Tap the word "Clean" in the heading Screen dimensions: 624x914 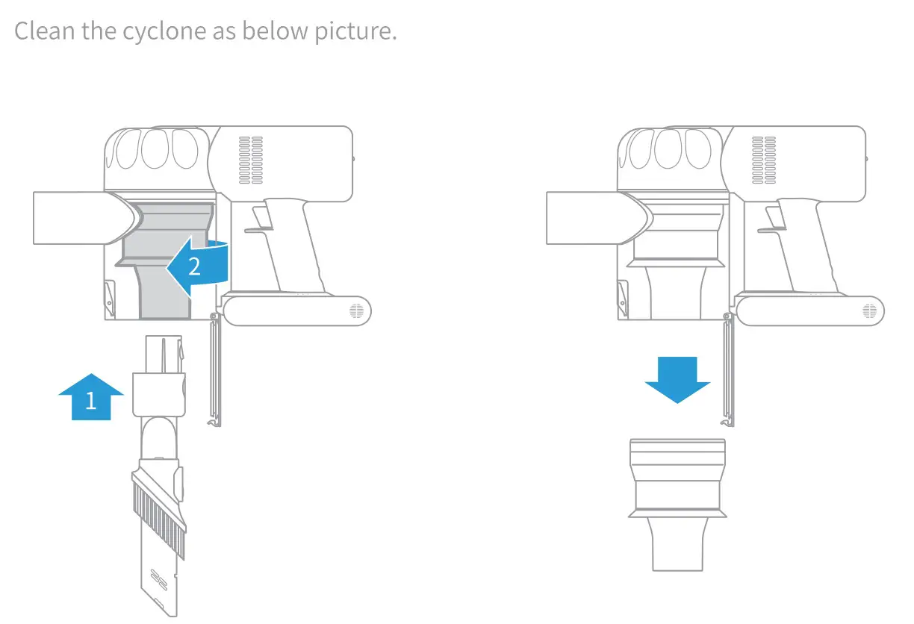42,31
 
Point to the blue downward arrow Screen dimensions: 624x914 677,379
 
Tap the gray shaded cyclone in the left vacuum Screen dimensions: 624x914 164,254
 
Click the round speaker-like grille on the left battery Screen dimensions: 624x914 357,311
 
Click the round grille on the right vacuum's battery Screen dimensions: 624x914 869,311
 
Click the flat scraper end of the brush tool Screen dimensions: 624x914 161,586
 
